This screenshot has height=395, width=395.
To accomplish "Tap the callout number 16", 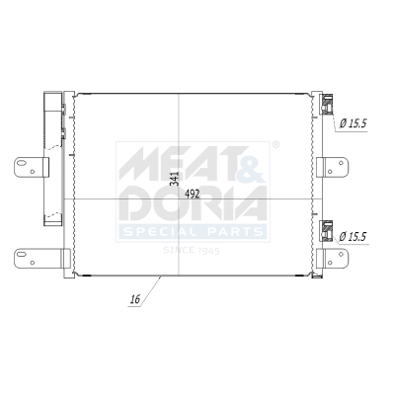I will [134, 295].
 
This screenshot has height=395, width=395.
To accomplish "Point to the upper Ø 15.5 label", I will [353, 123].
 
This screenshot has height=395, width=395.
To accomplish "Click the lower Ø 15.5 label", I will [353, 237].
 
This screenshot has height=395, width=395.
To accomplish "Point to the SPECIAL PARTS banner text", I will [193, 232].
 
